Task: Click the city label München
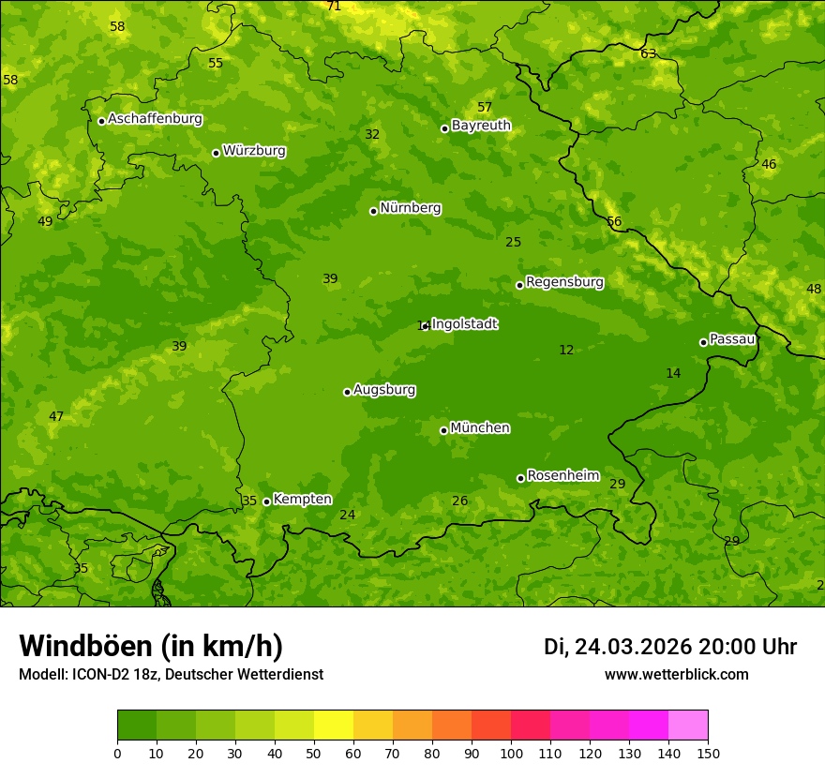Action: pos(480,428)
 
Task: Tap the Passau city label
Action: pos(732,339)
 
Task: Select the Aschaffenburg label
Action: pos(155,119)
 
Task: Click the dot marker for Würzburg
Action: pos(216,153)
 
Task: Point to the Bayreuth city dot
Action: pos(445,128)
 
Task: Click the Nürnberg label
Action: pos(411,208)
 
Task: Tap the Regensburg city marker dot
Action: pos(519,285)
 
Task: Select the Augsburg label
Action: pos(384,390)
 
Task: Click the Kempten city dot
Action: pos(266,501)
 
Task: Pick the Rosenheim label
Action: pos(562,476)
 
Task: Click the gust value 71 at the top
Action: pos(334,7)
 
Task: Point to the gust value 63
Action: pos(648,53)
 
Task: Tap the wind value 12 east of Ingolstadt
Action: pos(566,350)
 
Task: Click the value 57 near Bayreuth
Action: pos(485,108)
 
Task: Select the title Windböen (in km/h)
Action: pos(151,646)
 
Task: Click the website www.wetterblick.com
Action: pos(676,675)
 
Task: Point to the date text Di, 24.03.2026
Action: pos(618,647)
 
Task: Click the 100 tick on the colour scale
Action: pos(511,753)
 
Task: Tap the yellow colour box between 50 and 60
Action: pos(334,726)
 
